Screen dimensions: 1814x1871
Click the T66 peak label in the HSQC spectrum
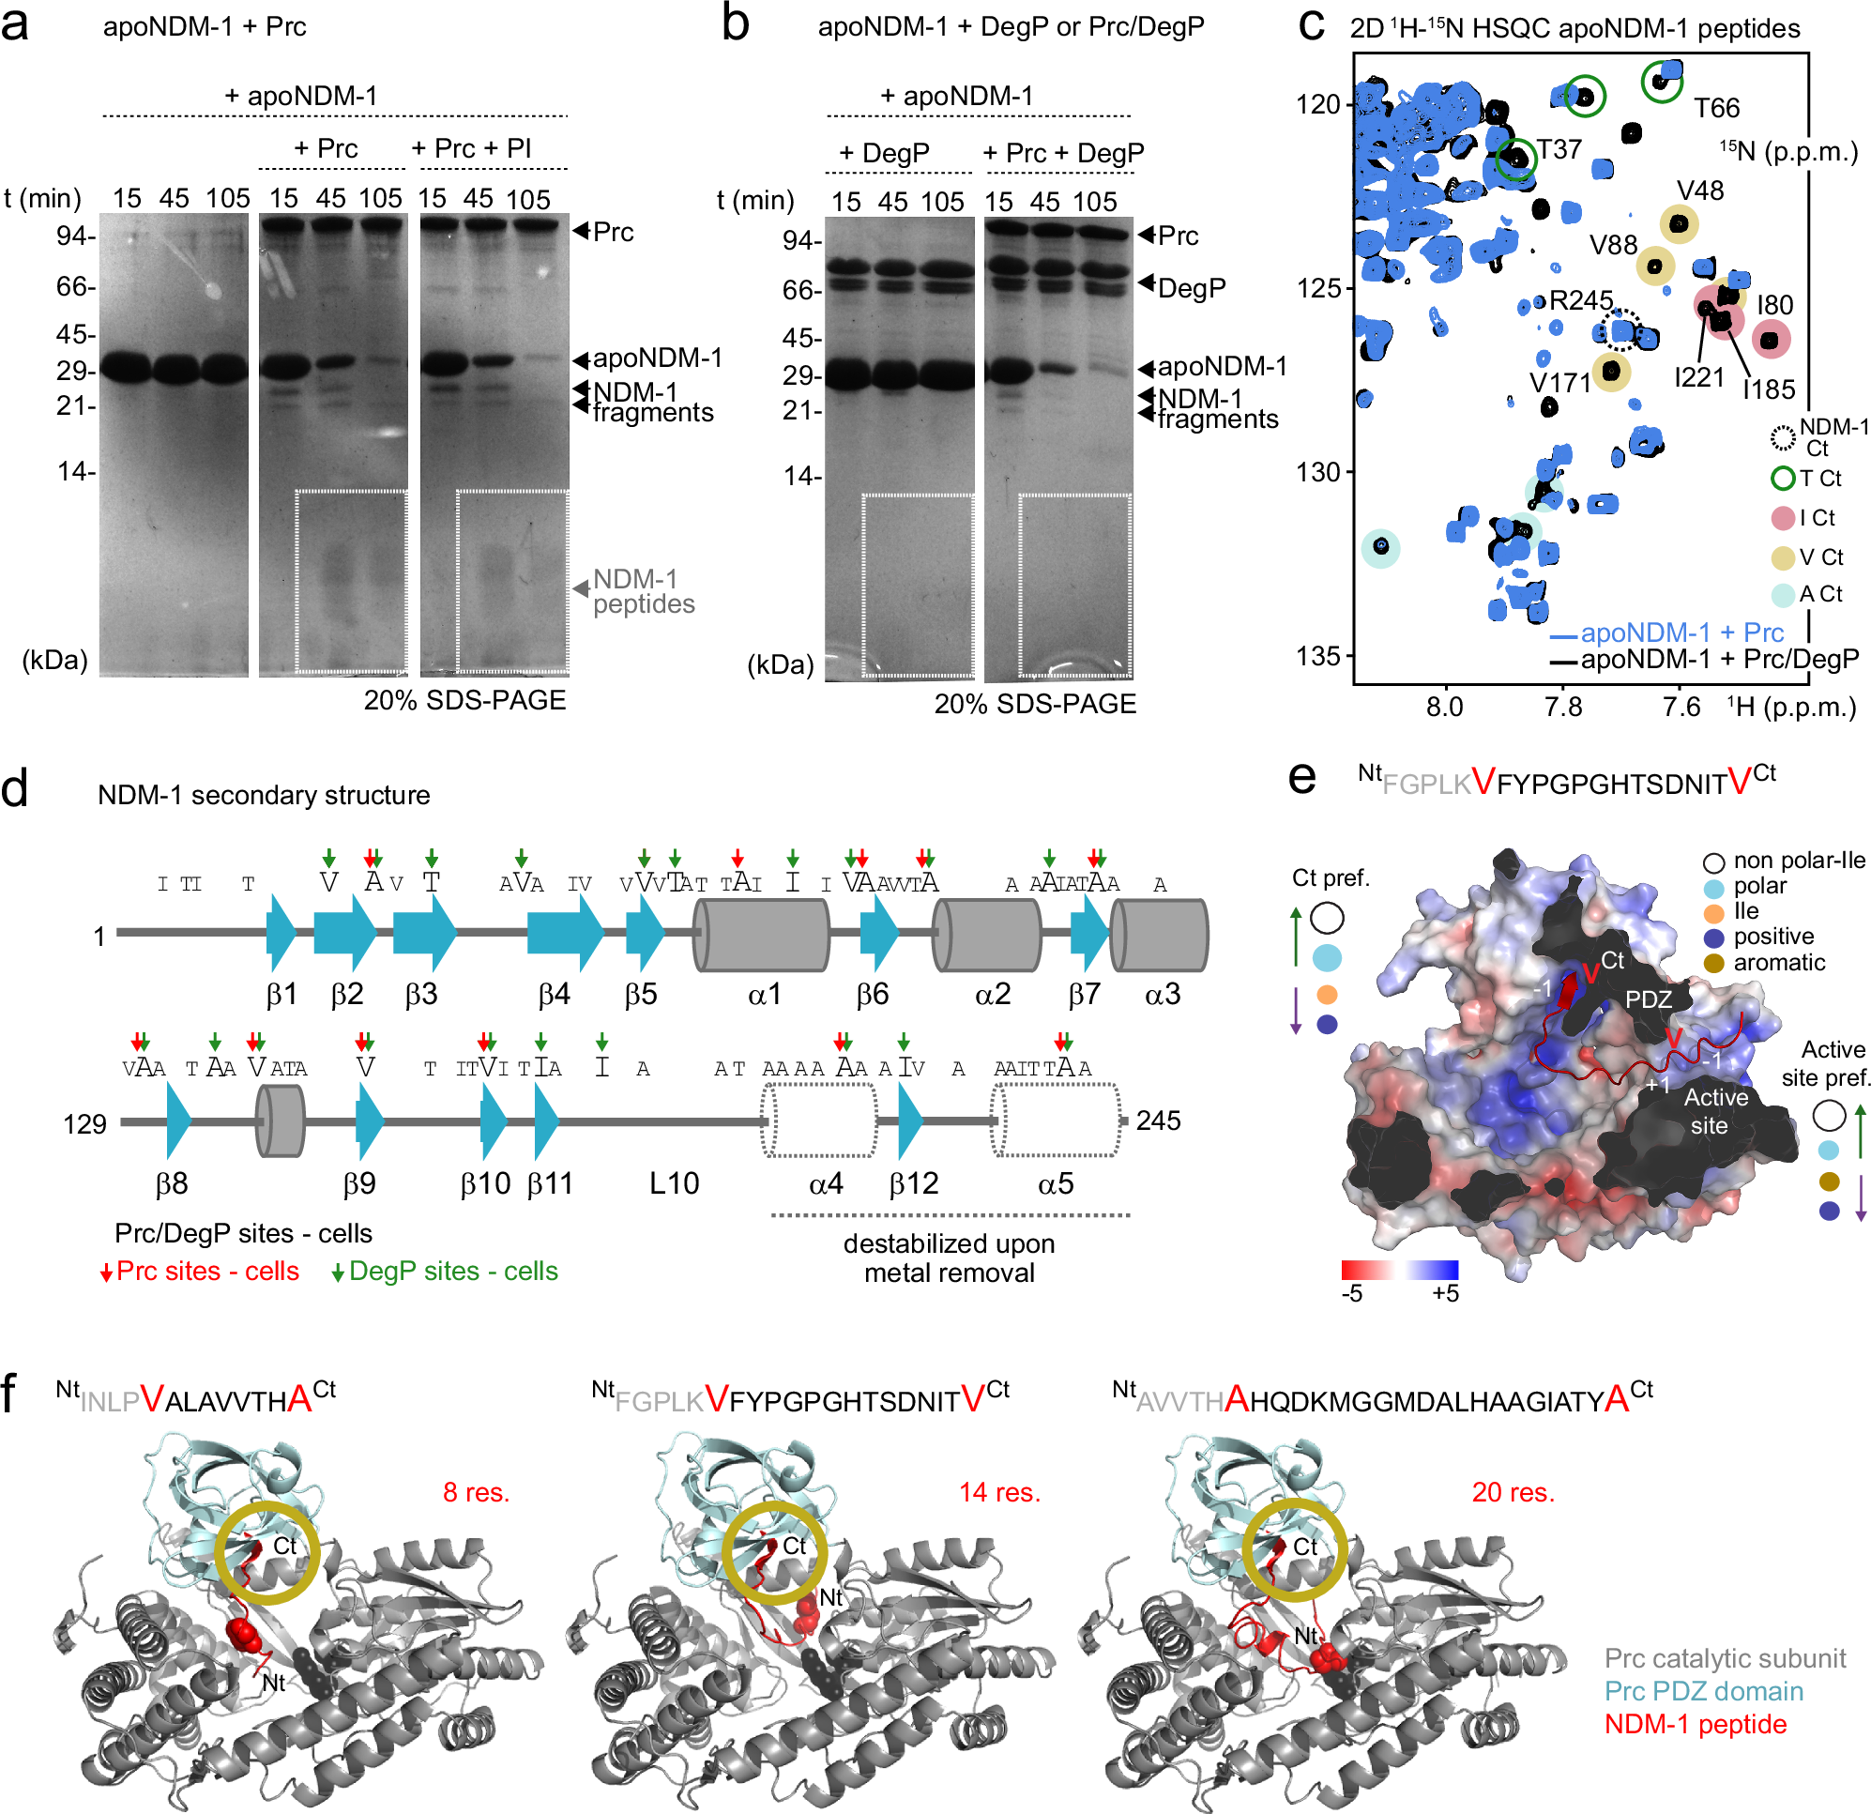pyautogui.click(x=1716, y=108)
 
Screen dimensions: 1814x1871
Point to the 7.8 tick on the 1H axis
pyautogui.click(x=1562, y=708)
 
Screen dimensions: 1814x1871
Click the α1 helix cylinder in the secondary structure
pyautogui.click(x=762, y=936)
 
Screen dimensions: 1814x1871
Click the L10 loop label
pyautogui.click(x=674, y=1184)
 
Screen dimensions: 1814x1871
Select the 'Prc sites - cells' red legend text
pyautogui.click(x=207, y=1272)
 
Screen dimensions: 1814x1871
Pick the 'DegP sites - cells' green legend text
pyautogui.click(x=453, y=1272)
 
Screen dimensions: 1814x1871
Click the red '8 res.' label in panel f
pyautogui.click(x=477, y=1492)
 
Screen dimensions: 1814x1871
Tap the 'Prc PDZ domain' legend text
pyautogui.click(x=1703, y=1692)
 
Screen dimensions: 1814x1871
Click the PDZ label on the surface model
pyautogui.click(x=1649, y=999)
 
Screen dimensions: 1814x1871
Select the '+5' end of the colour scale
pyautogui.click(x=1445, y=1294)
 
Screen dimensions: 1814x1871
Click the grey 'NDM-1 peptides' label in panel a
pyautogui.click(x=644, y=592)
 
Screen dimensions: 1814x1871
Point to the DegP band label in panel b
pyautogui.click(x=1192, y=288)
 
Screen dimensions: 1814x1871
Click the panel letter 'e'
pyautogui.click(x=1302, y=777)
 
